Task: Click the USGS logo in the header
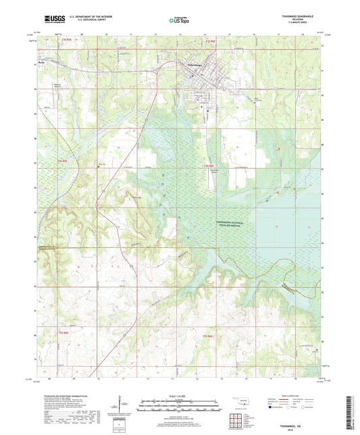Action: [54, 20]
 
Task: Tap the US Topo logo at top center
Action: [180, 20]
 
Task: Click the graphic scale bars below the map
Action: [180, 407]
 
